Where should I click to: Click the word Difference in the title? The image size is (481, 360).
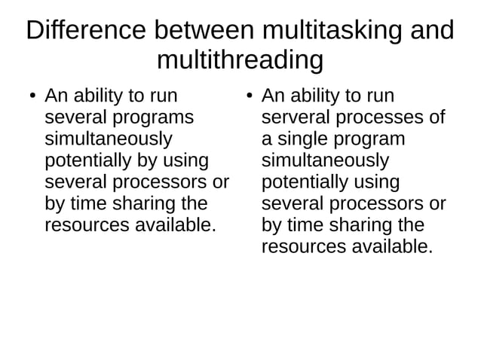point(84,30)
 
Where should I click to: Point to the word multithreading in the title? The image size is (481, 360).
point(240,59)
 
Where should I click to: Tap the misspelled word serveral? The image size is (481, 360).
point(295,117)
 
